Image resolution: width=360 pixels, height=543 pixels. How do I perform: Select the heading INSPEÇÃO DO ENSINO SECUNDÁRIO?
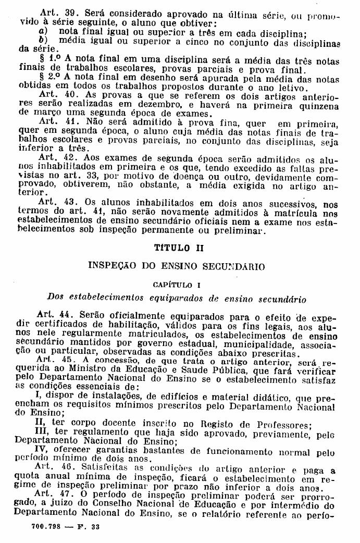click(177, 266)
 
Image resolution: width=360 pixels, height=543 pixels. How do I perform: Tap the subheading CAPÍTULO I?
click(177, 285)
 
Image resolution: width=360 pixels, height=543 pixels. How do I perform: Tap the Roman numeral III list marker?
click(41, 432)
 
